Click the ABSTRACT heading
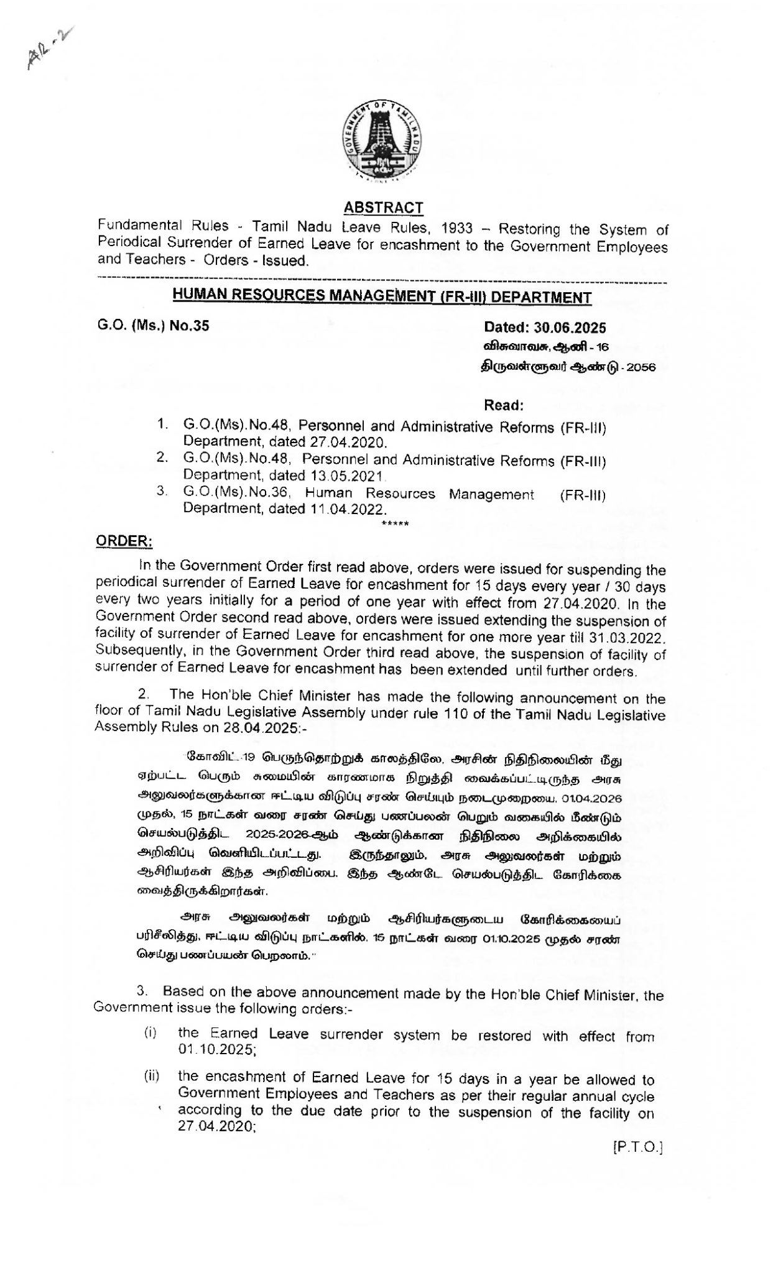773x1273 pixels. [383, 208]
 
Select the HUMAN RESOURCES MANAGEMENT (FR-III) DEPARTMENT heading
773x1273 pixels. [382, 297]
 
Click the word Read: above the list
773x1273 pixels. [504, 406]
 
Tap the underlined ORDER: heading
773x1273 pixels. [124, 541]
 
